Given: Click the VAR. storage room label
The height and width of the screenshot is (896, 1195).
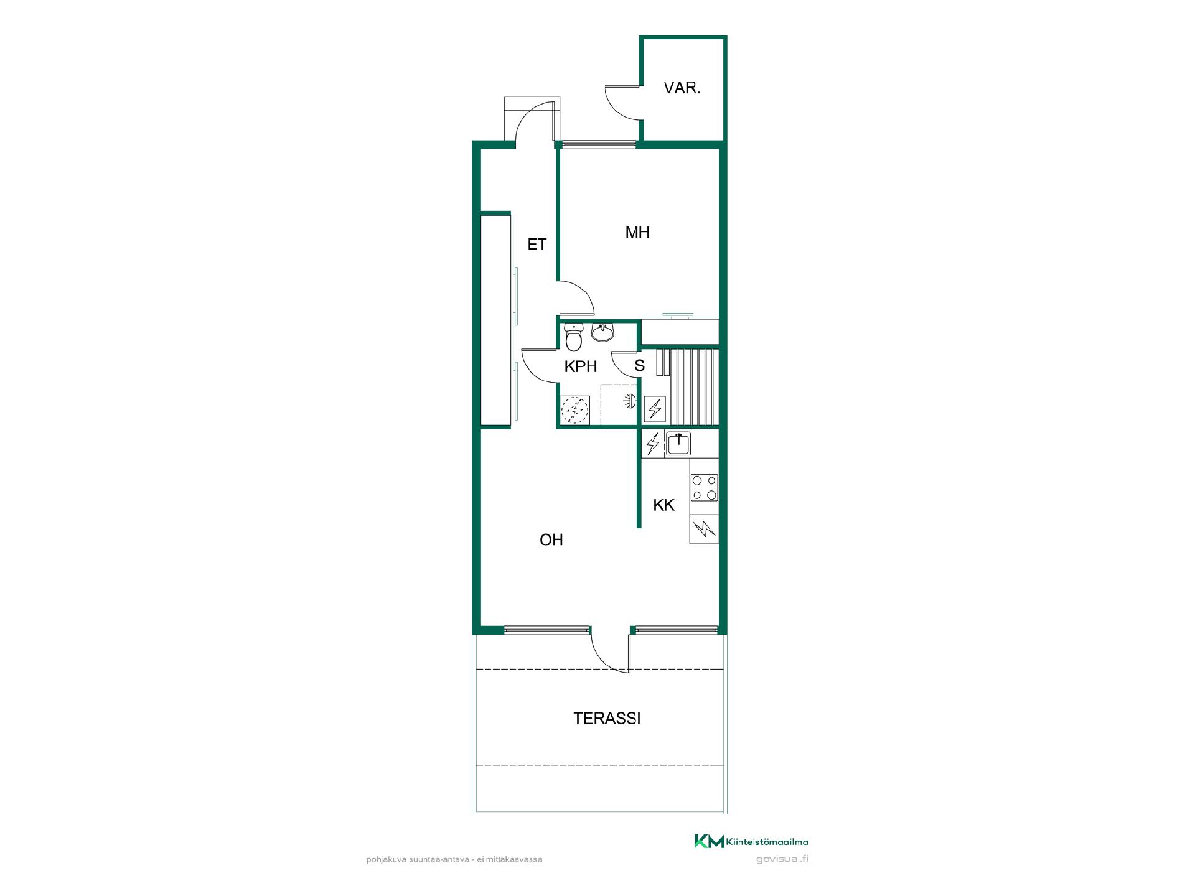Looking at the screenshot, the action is pyautogui.click(x=682, y=88).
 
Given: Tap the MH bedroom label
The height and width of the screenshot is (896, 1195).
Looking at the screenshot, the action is pyautogui.click(x=637, y=233).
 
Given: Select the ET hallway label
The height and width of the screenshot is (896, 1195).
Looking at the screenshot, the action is pyautogui.click(x=537, y=245).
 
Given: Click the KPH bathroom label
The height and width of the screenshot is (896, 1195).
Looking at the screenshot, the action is pyautogui.click(x=581, y=366).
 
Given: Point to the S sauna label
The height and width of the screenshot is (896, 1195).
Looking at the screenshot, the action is pyautogui.click(x=640, y=365).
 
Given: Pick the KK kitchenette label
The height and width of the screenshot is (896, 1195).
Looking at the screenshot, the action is pyautogui.click(x=663, y=505).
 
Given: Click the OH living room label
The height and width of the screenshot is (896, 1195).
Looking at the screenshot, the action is pyautogui.click(x=551, y=540).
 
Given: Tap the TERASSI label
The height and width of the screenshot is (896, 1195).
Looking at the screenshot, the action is pyautogui.click(x=607, y=719).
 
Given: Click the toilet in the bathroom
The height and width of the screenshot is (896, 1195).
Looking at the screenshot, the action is pyautogui.click(x=573, y=337).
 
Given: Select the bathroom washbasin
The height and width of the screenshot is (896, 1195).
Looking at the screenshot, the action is pyautogui.click(x=602, y=333).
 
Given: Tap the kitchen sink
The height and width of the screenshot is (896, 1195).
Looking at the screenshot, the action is pyautogui.click(x=678, y=444).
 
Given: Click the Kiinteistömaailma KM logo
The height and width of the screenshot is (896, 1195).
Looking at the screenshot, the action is pyautogui.click(x=751, y=842).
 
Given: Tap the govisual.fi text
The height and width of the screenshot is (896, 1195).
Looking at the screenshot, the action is pyautogui.click(x=782, y=860).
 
